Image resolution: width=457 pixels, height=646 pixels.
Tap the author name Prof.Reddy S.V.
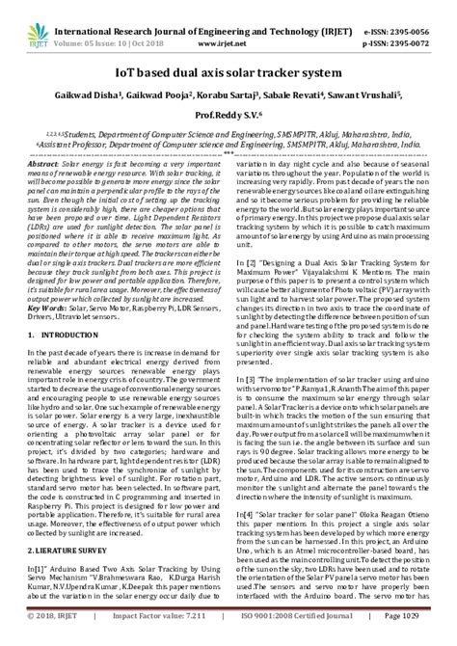[x=228, y=114]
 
